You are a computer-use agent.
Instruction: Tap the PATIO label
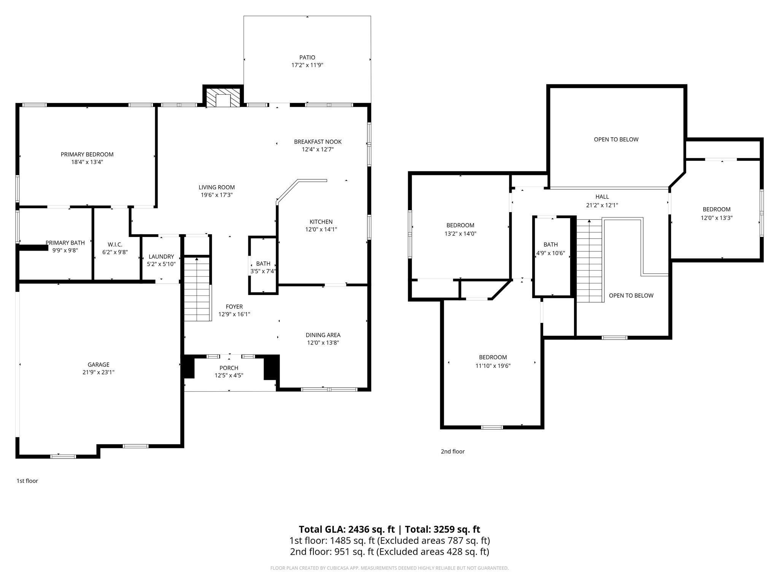tap(307, 57)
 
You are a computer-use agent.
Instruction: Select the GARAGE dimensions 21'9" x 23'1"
tap(99, 372)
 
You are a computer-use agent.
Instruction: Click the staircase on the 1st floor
tap(197, 289)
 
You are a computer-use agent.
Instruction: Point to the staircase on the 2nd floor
tap(590, 261)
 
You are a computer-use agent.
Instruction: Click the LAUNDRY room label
tap(161, 257)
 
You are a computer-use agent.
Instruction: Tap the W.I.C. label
tap(115, 244)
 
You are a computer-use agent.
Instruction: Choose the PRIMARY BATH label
tap(65, 243)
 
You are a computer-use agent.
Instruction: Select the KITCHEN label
tap(321, 222)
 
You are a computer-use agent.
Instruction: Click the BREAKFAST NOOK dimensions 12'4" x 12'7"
tap(318, 149)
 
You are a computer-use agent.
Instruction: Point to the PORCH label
tap(229, 368)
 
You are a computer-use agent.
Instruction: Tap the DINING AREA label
tap(323, 335)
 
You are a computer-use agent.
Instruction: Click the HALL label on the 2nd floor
tap(602, 197)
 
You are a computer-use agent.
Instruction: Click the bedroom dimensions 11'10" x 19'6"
tap(493, 366)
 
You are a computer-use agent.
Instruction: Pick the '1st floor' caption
tap(27, 481)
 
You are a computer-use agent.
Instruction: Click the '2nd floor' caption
tap(453, 451)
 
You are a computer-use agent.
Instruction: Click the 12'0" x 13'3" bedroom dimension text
tap(717, 218)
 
